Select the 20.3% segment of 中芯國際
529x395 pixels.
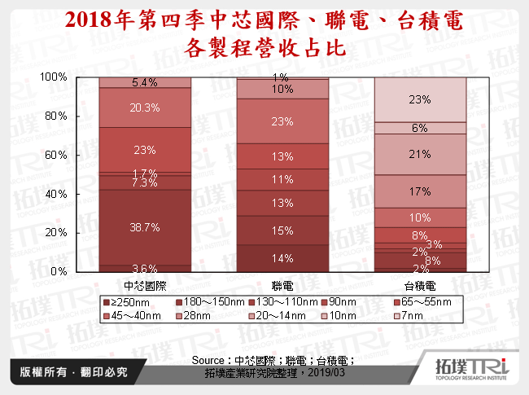tap(144, 107)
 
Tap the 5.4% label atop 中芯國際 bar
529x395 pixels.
tap(144, 82)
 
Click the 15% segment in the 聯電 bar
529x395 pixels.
tap(282, 231)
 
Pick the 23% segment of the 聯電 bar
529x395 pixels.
tap(282, 121)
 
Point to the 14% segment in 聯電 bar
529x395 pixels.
tap(282, 258)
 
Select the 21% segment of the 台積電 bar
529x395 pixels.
tap(420, 154)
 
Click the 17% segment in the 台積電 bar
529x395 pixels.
tap(420, 192)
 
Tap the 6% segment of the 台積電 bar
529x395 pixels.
tap(420, 128)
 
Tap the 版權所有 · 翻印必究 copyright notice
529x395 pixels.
tap(69, 371)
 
